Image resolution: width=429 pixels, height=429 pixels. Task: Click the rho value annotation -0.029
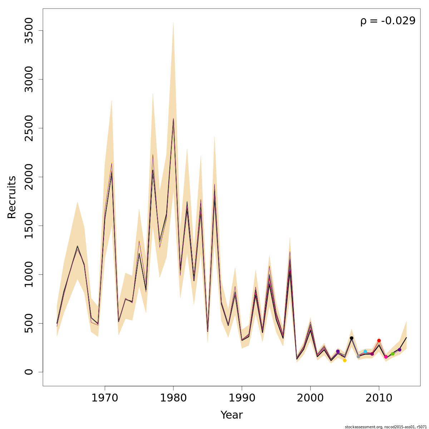pyautogui.click(x=388, y=21)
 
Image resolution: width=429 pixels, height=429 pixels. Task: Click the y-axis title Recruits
pyautogui.click(x=12, y=197)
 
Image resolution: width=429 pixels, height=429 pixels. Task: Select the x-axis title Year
pyautogui.click(x=231, y=415)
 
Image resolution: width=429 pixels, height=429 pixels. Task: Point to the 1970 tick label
pyautogui.click(x=105, y=398)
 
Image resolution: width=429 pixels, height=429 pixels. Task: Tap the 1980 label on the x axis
pyautogui.click(x=173, y=398)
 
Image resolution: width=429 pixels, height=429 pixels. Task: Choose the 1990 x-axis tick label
pyautogui.click(x=242, y=398)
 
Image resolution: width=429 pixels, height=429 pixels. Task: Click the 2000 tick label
pyautogui.click(x=310, y=398)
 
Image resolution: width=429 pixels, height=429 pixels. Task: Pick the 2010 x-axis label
pyautogui.click(x=379, y=398)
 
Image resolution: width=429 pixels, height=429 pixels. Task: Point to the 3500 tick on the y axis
pyautogui.click(x=29, y=31)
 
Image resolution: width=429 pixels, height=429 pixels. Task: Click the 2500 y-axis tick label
pyautogui.click(x=29, y=128)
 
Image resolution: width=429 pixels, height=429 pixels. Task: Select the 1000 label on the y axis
pyautogui.click(x=29, y=274)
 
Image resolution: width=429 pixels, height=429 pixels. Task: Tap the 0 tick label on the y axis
pyautogui.click(x=29, y=372)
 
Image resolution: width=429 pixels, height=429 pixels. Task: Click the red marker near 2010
pyautogui.click(x=379, y=341)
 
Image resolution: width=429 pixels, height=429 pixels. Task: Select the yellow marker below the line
pyautogui.click(x=345, y=360)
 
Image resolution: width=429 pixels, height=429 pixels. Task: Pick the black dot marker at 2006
pyautogui.click(x=351, y=338)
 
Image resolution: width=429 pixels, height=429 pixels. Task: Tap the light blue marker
pyautogui.click(x=365, y=351)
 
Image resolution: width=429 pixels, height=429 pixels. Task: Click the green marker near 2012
pyautogui.click(x=393, y=354)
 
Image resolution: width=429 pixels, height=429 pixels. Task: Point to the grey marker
pyautogui.click(x=358, y=356)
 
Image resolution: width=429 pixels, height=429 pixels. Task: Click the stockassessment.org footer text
pyautogui.click(x=386, y=427)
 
